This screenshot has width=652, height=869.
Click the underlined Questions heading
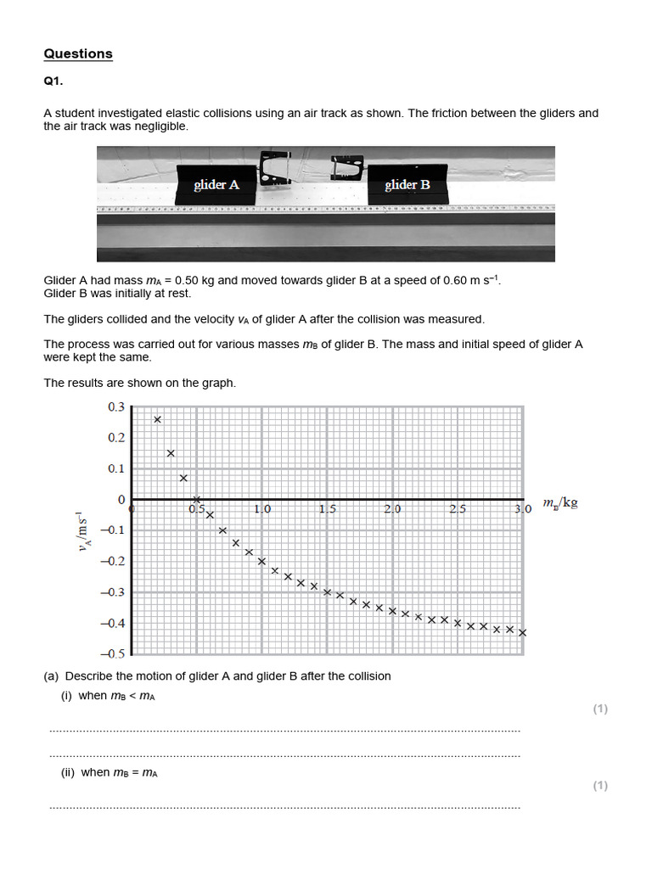[78, 53]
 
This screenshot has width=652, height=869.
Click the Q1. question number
[53, 82]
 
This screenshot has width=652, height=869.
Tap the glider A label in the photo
[216, 184]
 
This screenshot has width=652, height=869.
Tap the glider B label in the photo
[407, 184]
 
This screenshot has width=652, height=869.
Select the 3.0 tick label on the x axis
[523, 509]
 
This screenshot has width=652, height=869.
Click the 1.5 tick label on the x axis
[328, 509]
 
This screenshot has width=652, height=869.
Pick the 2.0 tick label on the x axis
[392, 509]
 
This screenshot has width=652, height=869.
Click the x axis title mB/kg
[559, 503]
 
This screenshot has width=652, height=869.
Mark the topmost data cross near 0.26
[158, 419]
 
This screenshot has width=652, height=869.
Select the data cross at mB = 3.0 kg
[522, 632]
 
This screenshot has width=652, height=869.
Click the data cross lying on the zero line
[197, 499]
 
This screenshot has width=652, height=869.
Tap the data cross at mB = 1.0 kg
[261, 561]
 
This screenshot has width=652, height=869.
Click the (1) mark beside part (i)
[600, 709]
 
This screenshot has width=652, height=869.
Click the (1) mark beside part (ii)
[600, 786]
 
